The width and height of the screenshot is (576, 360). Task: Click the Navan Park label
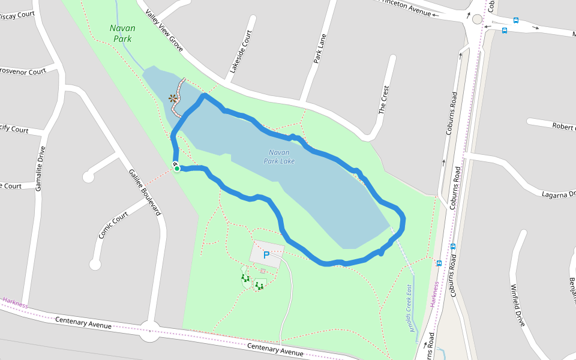click(x=122, y=34)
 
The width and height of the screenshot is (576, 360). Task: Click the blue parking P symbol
click(x=266, y=255)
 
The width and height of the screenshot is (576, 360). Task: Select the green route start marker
click(x=177, y=169)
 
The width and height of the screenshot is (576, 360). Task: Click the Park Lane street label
click(x=319, y=49)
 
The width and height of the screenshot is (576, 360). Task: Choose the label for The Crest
click(x=385, y=100)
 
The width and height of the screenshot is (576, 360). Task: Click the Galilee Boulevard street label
click(x=145, y=191)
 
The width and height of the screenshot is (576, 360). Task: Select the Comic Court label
click(x=113, y=225)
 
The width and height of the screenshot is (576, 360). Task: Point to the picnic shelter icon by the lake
click(x=173, y=98)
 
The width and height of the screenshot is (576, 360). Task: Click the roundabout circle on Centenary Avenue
click(x=149, y=330)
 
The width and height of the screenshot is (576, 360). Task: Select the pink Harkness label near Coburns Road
click(x=434, y=294)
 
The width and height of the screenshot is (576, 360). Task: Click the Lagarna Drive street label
click(x=558, y=194)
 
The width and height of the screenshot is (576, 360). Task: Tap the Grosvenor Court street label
click(x=23, y=71)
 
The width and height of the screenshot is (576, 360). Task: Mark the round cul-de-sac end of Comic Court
click(x=95, y=264)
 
